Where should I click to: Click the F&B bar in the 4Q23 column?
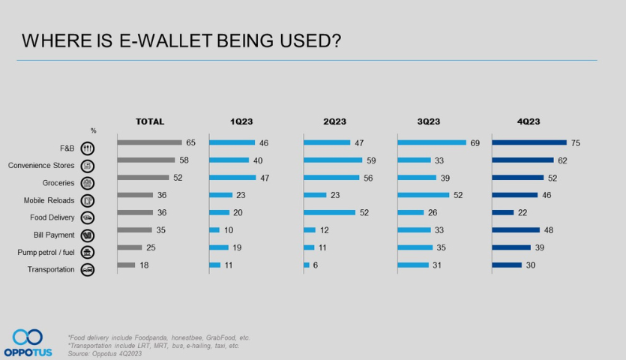coord(529,142)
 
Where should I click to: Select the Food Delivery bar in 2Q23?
coord(329,212)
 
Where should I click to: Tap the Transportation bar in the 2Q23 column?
coord(307,265)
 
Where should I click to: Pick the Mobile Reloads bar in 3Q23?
coord(423,195)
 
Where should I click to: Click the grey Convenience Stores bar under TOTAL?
coord(146,160)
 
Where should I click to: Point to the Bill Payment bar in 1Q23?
coord(214,229)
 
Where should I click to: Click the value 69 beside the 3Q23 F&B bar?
coord(475,142)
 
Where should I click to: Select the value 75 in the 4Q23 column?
coord(575,142)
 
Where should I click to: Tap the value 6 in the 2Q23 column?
coord(315,265)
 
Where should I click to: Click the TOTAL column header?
coord(150,121)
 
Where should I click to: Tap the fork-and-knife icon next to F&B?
coord(87,148)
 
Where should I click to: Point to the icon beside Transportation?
coord(87,270)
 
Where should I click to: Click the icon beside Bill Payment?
coord(87,235)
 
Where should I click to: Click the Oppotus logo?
coord(27,341)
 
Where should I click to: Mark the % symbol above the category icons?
coord(93,131)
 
